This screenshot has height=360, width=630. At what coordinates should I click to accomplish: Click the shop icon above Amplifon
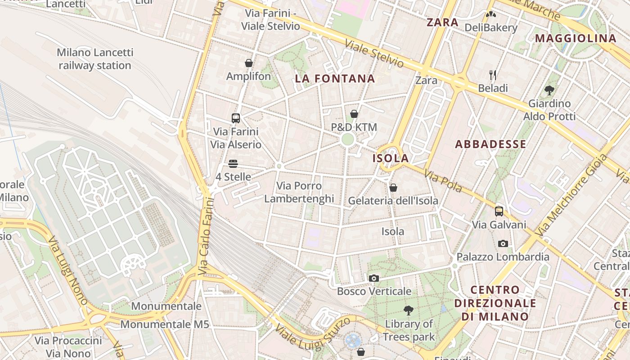point(249,63)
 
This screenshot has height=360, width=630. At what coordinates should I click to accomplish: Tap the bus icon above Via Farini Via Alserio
point(235,118)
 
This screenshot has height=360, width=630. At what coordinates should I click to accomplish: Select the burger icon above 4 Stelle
point(233,163)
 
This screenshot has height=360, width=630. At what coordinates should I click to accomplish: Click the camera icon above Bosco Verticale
point(373,278)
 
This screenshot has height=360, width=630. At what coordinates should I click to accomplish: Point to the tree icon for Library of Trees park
point(409,310)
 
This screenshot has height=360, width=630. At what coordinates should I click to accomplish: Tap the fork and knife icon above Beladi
point(493,75)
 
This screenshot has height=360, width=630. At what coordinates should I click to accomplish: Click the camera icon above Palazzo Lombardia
point(503,244)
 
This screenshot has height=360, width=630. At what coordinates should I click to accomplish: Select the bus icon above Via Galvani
point(499,211)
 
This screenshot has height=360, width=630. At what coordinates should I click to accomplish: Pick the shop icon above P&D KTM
point(354,114)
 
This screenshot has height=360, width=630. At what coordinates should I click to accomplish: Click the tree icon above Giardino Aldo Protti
point(549,90)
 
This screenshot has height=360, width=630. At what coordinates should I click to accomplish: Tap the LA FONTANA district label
point(335,79)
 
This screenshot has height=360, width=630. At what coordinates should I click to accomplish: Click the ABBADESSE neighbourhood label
point(490,144)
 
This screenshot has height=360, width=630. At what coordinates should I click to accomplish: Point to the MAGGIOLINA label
point(575,38)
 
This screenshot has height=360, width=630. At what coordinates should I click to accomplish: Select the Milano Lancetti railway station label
point(95,59)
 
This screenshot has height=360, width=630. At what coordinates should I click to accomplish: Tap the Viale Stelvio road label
point(374,54)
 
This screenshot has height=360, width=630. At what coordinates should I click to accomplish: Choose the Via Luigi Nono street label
point(67,270)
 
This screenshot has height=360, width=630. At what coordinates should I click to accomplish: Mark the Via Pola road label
point(443,181)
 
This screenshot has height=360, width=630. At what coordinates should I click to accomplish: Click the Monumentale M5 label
point(162,324)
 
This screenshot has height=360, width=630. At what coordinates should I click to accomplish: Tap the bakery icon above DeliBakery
point(491,14)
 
